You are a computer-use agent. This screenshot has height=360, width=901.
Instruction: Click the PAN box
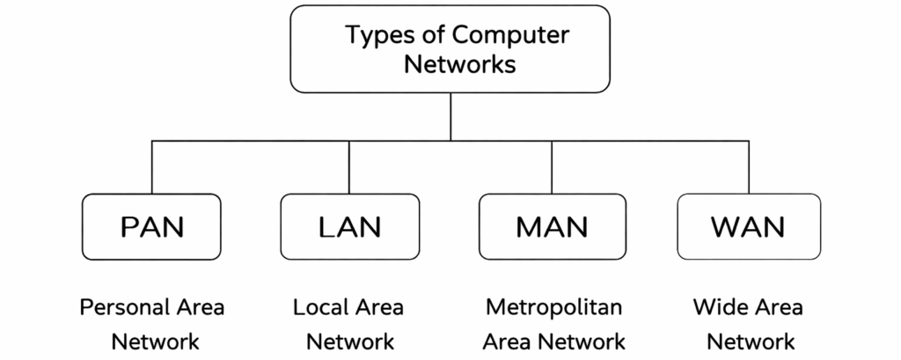pyautogui.click(x=151, y=227)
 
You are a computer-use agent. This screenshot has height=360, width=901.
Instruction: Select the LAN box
pyautogui.click(x=349, y=227)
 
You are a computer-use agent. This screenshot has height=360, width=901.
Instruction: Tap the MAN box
pyautogui.click(x=552, y=227)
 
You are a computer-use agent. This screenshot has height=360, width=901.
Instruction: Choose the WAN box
pyautogui.click(x=748, y=227)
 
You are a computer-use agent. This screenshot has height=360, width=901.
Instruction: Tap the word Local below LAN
pyautogui.click(x=320, y=308)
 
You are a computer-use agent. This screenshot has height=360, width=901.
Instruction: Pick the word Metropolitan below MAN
pyautogui.click(x=553, y=308)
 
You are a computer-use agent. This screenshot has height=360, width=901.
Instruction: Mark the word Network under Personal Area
pyautogui.click(x=155, y=342)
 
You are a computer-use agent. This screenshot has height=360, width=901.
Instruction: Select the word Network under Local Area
pyautogui.click(x=350, y=342)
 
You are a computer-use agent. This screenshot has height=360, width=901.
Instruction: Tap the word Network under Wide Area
pyautogui.click(x=751, y=342)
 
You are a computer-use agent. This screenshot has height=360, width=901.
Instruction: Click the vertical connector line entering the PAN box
pyautogui.click(x=151, y=167)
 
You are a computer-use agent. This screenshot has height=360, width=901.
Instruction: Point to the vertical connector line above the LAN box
pyautogui.click(x=349, y=167)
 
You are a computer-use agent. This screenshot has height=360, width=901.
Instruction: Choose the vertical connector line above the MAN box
pyautogui.click(x=552, y=167)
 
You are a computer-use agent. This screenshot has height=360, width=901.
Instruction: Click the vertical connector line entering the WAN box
pyautogui.click(x=748, y=167)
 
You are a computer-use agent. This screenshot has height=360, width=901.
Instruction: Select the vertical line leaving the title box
pyautogui.click(x=450, y=116)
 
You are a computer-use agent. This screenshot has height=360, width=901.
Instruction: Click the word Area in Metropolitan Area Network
pyautogui.click(x=511, y=342)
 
